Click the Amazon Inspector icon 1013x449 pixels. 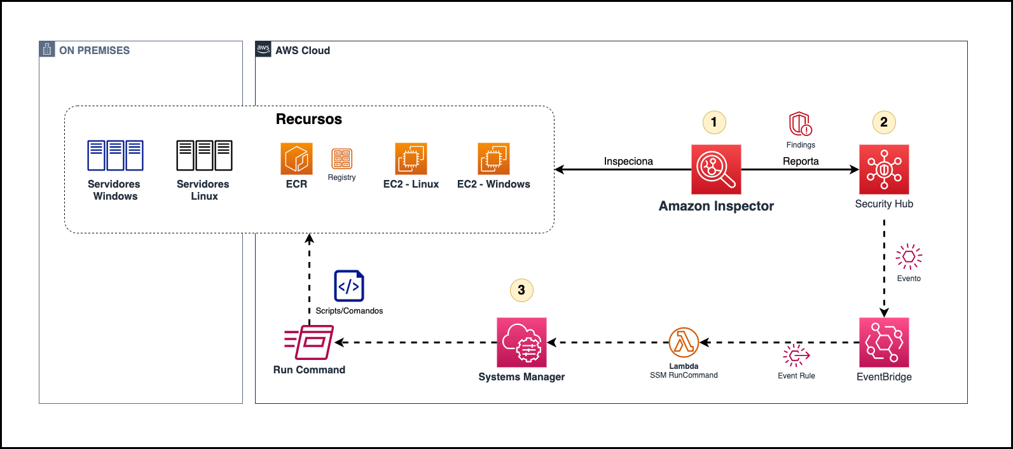(x=716, y=169)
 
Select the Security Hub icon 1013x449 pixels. (x=884, y=169)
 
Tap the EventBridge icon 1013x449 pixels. (x=884, y=342)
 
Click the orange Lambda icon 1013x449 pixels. (x=684, y=343)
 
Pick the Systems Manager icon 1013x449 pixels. (x=521, y=342)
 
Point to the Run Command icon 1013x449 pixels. (x=310, y=342)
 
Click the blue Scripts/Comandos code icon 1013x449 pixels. (x=349, y=286)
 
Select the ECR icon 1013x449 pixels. (x=296, y=159)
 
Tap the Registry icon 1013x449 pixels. (x=341, y=159)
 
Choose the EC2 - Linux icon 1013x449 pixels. (x=411, y=159)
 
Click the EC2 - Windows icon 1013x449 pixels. (x=493, y=159)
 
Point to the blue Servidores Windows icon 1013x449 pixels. (x=115, y=156)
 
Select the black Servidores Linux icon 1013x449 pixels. (x=204, y=156)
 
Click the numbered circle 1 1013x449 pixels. (x=713, y=122)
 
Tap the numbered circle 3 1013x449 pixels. (x=521, y=290)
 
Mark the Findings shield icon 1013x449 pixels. (x=801, y=124)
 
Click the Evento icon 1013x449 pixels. (x=909, y=257)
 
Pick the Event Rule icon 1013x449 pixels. (x=796, y=356)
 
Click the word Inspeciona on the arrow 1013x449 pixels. (x=628, y=162)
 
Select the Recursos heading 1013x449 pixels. (x=309, y=120)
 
